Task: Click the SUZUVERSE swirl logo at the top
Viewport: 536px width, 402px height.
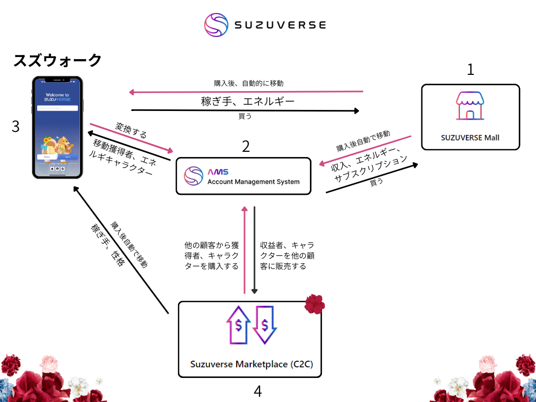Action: click(215, 25)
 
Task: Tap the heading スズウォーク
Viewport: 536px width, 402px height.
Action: click(57, 60)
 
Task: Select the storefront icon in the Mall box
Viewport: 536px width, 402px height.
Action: click(470, 106)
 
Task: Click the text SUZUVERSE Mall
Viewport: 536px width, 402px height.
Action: click(470, 138)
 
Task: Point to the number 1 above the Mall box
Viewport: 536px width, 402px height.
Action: click(471, 70)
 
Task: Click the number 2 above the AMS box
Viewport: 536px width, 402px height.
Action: click(245, 147)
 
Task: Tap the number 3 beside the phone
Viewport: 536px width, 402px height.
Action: click(16, 127)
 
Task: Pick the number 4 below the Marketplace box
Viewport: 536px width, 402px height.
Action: click(258, 390)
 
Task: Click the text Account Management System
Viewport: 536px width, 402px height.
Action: click(253, 182)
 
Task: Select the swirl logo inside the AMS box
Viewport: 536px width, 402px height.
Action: click(194, 176)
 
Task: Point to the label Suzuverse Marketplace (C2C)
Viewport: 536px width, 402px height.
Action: click(251, 364)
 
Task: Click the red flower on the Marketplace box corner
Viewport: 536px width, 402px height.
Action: click(315, 303)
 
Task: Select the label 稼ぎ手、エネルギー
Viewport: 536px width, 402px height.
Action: click(248, 101)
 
